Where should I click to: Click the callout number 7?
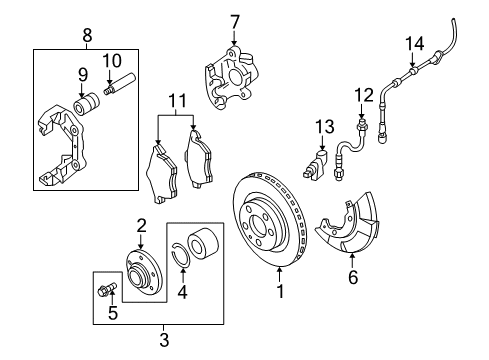(235, 22)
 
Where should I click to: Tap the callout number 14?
(415, 44)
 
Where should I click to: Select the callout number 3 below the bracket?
(164, 340)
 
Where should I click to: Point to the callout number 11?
(177, 101)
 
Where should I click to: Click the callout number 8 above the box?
(87, 35)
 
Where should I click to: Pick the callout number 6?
(353, 277)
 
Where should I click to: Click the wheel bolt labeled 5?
(107, 289)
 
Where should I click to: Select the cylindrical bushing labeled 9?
(86, 104)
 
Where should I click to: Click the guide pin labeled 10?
(119, 84)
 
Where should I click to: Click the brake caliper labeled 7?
(232, 78)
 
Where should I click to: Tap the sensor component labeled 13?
(316, 165)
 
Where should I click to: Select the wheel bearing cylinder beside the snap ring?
(203, 244)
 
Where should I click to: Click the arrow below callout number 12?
(361, 110)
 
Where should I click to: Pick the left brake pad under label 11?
(162, 173)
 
